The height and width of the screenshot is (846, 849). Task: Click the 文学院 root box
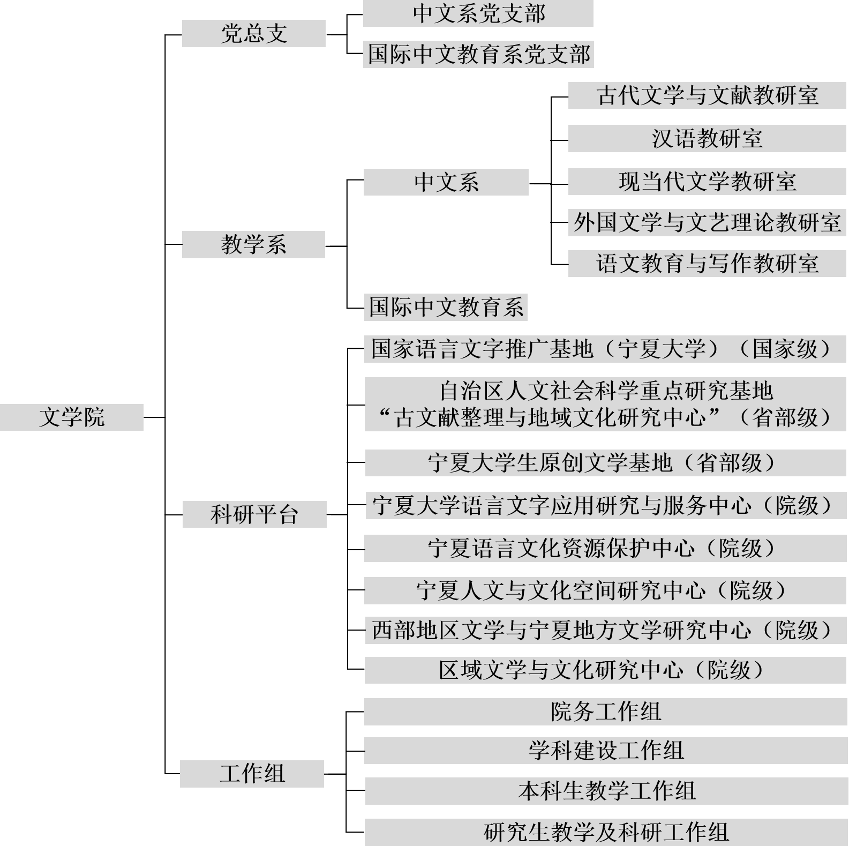tap(72, 417)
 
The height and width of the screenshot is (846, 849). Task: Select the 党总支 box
tap(253, 33)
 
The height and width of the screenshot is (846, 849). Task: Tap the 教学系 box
tap(253, 244)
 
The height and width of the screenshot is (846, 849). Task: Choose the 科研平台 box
tap(254, 514)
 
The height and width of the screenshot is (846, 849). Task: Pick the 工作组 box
tap(252, 774)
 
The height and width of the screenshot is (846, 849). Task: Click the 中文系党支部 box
tap(478, 13)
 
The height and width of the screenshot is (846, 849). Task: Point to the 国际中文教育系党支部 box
tap(478, 55)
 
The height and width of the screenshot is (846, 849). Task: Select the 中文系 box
tap(446, 182)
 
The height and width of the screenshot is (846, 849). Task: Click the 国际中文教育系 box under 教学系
tap(446, 307)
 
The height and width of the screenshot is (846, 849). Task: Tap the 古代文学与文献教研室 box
tap(707, 95)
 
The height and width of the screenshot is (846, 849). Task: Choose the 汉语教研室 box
tap(707, 139)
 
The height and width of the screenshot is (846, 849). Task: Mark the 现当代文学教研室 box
tap(707, 182)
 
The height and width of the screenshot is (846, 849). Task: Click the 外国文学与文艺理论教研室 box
tap(707, 222)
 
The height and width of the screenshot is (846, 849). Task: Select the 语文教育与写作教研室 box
tap(707, 264)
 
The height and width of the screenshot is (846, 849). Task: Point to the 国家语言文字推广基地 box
tap(605, 349)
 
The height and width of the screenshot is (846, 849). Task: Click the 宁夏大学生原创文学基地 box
tap(605, 463)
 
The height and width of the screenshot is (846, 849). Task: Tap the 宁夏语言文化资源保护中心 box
tap(605, 548)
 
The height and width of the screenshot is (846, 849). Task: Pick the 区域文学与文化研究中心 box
tap(605, 670)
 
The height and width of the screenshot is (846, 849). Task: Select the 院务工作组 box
tap(605, 712)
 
